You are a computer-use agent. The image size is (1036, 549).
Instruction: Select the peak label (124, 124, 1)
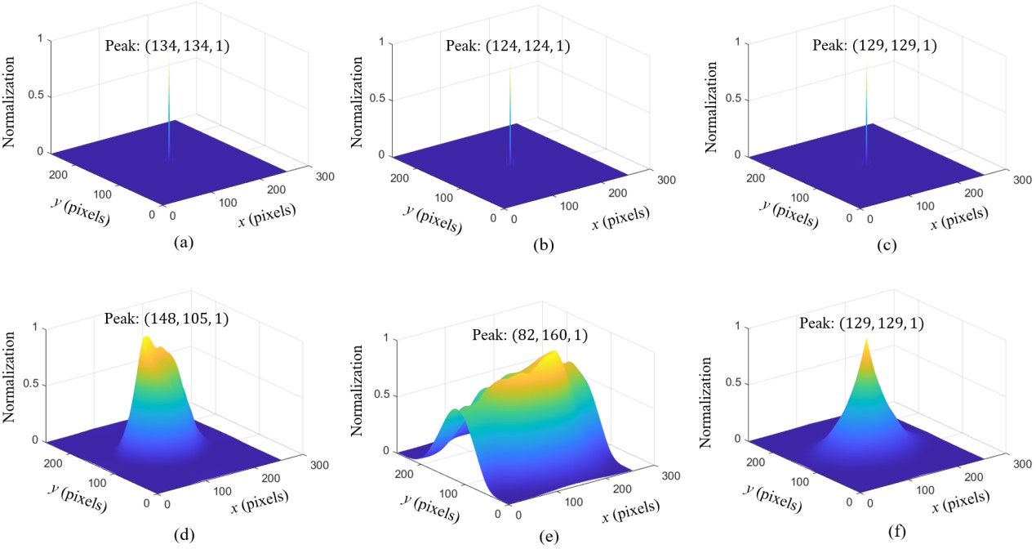click(x=508, y=47)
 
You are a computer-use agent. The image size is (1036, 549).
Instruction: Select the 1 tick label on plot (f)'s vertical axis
click(x=715, y=327)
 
